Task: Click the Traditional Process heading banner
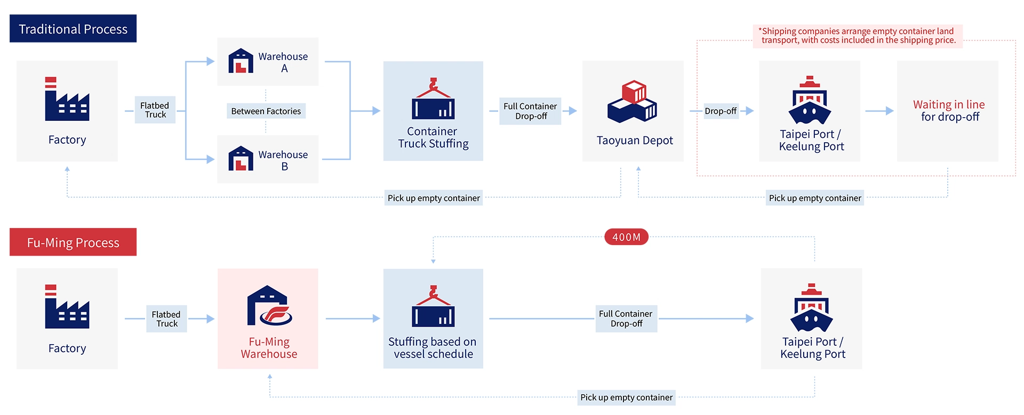[x=73, y=29]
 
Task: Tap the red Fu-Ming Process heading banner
[x=73, y=242]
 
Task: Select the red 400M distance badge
[x=626, y=237]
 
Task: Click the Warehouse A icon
[x=241, y=61]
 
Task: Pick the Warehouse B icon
[x=241, y=158]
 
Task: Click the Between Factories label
[x=266, y=111]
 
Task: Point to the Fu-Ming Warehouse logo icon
[x=269, y=306]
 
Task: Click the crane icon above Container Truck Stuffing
[x=433, y=99]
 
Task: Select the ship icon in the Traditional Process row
[x=810, y=100]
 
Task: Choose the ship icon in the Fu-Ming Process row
[x=811, y=307]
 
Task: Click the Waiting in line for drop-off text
[x=949, y=111]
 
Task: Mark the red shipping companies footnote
[x=858, y=36]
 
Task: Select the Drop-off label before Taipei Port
[x=720, y=111]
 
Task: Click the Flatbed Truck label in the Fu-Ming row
[x=166, y=319]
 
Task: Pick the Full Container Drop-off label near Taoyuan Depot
[x=530, y=111]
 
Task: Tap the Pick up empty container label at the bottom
[x=626, y=397]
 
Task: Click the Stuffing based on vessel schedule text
[x=433, y=348]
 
